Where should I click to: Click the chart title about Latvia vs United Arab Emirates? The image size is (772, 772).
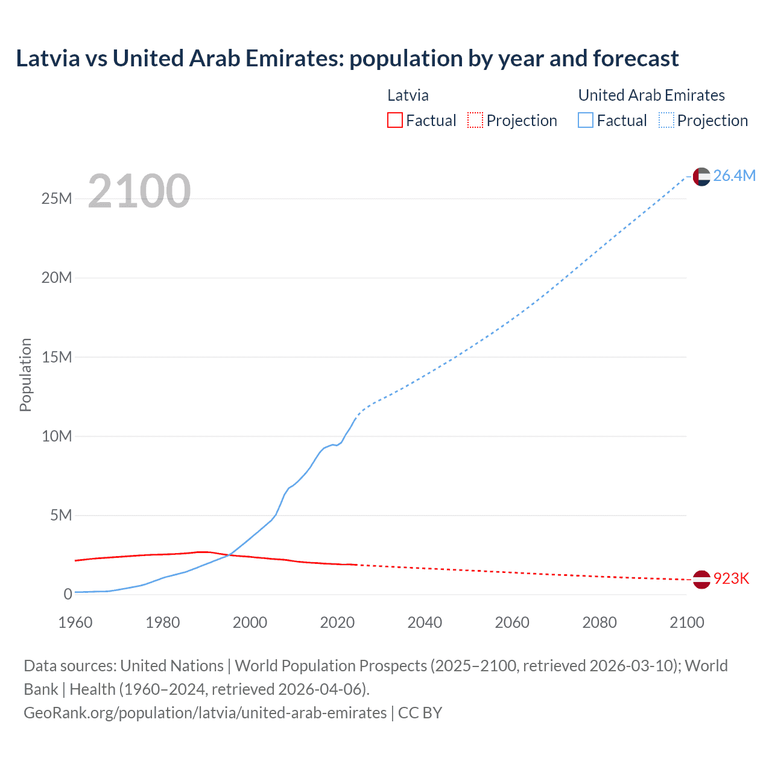tap(347, 59)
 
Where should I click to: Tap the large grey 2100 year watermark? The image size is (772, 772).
tap(139, 191)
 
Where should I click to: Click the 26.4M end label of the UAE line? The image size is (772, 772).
tap(734, 176)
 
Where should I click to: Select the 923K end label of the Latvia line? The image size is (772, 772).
tap(731, 578)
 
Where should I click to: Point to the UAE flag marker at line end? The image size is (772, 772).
tap(701, 176)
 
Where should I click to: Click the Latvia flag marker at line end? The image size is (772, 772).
tap(701, 579)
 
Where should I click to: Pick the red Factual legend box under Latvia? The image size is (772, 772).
tap(394, 120)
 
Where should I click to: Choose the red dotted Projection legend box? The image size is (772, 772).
tap(475, 120)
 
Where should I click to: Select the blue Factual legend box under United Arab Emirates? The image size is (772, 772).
tap(585, 120)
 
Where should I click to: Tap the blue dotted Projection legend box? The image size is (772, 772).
tap(666, 120)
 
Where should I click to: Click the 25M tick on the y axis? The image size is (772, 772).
tap(57, 198)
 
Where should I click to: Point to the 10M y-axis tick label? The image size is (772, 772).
tap(57, 436)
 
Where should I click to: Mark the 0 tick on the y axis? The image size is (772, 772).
tap(68, 594)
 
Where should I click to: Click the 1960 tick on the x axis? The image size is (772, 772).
tap(75, 622)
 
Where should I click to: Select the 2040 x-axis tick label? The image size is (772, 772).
tap(425, 622)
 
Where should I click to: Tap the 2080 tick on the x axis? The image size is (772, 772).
tap(600, 622)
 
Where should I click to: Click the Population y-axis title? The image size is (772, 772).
tap(25, 375)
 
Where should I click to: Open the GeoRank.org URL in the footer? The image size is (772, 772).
tap(205, 712)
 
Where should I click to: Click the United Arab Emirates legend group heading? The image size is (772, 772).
tap(651, 95)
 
